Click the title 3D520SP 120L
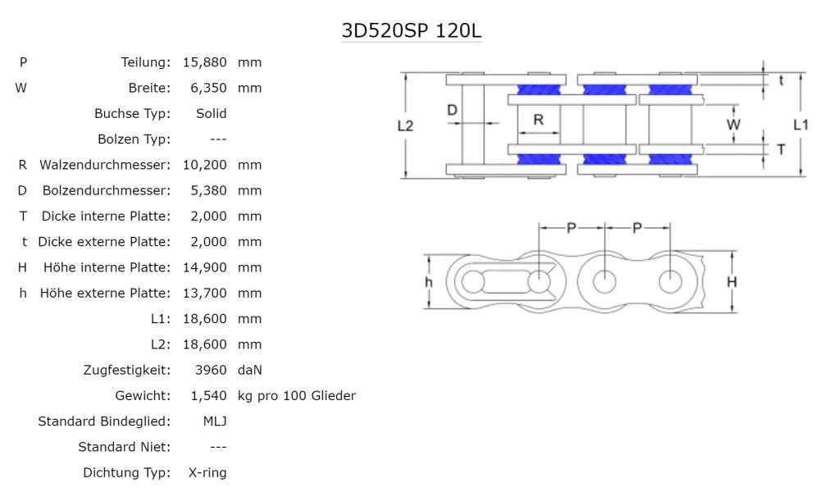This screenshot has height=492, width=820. (x=411, y=30)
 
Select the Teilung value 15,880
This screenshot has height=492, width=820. (x=204, y=62)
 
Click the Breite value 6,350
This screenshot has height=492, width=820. (x=207, y=88)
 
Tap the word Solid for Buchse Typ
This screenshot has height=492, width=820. (x=212, y=113)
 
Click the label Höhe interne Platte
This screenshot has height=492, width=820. (x=105, y=267)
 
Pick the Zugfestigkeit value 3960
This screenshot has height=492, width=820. (x=212, y=370)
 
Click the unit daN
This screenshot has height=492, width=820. (x=250, y=370)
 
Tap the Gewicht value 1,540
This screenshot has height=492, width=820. (x=207, y=395)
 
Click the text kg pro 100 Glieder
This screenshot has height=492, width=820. (x=296, y=395)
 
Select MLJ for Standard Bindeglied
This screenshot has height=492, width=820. (x=215, y=421)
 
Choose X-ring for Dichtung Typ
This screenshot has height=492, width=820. (x=208, y=472)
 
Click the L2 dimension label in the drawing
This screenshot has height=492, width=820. (x=404, y=125)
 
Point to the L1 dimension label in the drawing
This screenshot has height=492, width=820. (x=801, y=125)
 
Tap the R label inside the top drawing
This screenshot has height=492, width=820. (x=538, y=120)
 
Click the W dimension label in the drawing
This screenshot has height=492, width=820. (x=734, y=125)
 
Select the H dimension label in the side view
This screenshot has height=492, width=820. (x=732, y=282)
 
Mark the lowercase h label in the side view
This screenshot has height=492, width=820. (x=428, y=281)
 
